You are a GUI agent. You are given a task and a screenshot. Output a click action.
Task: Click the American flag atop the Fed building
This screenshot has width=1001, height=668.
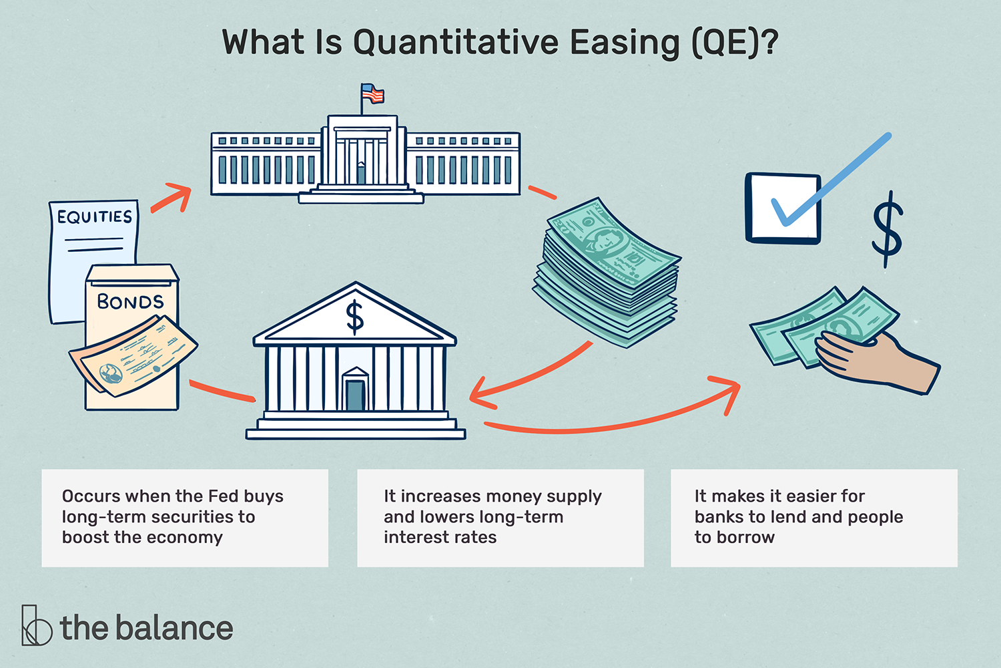tap(373, 94)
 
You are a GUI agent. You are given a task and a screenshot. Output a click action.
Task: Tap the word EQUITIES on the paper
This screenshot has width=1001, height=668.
tap(94, 217)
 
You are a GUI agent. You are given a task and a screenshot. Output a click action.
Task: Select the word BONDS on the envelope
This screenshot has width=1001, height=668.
tap(130, 301)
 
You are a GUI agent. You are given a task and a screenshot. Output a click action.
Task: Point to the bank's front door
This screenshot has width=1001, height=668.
tap(355, 393)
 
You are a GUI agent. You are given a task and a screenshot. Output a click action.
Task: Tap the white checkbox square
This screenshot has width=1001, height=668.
tap(782, 209)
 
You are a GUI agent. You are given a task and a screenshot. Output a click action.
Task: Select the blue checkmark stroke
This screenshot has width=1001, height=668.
tap(831, 180)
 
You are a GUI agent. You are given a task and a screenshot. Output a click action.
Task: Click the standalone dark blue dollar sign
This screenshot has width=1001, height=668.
tap(888, 229)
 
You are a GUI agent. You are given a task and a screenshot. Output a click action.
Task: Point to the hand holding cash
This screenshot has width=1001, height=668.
tap(874, 361)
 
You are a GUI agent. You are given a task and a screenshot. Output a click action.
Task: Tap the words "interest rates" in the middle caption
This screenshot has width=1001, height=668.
tap(440, 538)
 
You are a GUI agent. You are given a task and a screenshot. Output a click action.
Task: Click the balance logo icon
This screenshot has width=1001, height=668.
tap(36, 626)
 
